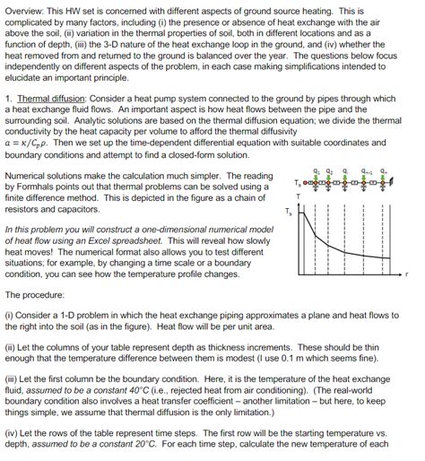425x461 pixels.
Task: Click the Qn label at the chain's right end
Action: [x=385, y=171]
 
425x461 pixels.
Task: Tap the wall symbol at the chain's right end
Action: [x=395, y=183]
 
